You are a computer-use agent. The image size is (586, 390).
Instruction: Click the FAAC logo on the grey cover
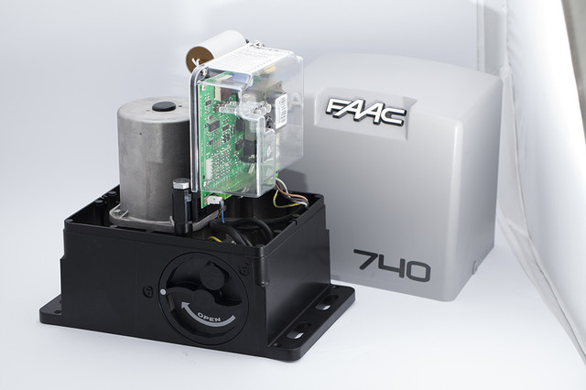pyautogui.click(x=365, y=112)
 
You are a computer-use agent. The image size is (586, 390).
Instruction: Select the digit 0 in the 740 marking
pyautogui.click(x=417, y=271)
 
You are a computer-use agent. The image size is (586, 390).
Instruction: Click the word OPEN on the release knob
pyautogui.click(x=210, y=317)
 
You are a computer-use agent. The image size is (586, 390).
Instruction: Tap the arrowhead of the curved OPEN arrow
pyautogui.click(x=186, y=307)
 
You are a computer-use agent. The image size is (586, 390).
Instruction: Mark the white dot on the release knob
pyautogui.click(x=163, y=291)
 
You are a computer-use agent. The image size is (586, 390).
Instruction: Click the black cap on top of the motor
pyautogui.click(x=164, y=106)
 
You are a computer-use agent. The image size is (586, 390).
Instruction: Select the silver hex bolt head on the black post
pyautogui.click(x=181, y=184)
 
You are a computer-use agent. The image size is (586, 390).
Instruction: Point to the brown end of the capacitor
pyautogui.click(x=198, y=58)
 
